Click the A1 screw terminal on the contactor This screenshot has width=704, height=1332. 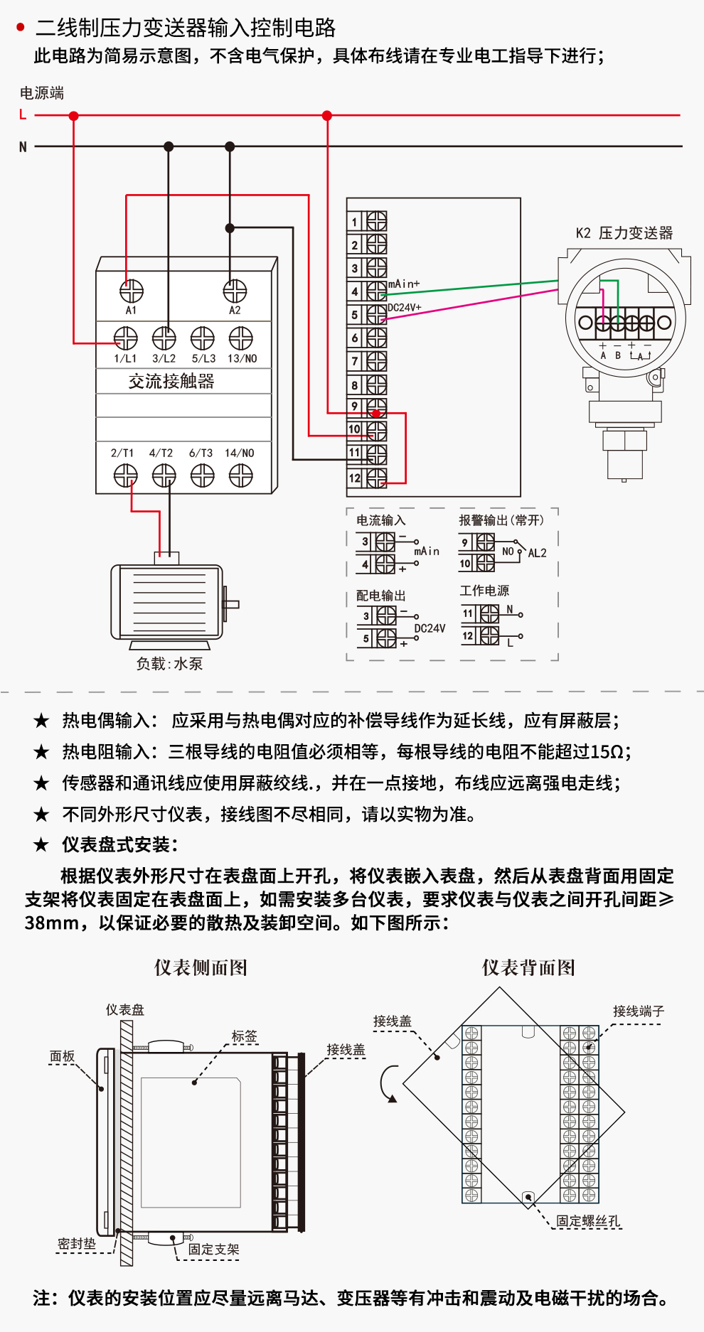(131, 291)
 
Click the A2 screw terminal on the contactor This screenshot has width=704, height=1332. (235, 291)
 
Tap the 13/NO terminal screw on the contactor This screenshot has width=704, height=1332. (241, 338)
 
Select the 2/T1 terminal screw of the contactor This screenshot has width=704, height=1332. (125, 475)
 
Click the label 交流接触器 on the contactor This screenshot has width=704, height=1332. (171, 382)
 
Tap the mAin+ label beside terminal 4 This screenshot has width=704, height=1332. (404, 284)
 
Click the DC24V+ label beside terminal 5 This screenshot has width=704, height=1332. (405, 308)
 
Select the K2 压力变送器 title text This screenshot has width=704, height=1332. (624, 233)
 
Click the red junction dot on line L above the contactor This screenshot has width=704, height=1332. (74, 115)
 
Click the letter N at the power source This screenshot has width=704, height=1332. (23, 147)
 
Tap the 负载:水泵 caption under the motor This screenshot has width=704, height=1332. (170, 664)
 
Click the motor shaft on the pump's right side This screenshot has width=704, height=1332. (232, 604)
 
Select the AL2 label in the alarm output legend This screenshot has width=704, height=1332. (537, 553)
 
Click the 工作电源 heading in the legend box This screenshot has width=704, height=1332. (484, 591)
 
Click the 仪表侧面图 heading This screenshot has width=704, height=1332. (201, 967)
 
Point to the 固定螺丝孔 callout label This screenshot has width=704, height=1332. (588, 1221)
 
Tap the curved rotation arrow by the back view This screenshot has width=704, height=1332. (388, 1083)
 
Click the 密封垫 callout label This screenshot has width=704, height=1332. (77, 1244)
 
